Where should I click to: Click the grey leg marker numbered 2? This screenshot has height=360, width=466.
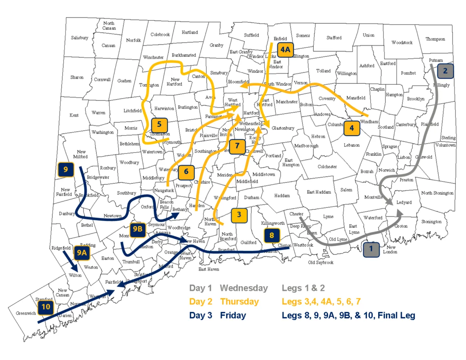click(x=445, y=70)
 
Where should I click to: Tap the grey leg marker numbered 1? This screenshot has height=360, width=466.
click(x=371, y=249)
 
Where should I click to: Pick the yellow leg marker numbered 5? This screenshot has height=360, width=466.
click(x=159, y=124)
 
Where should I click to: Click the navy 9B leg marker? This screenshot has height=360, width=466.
click(x=138, y=229)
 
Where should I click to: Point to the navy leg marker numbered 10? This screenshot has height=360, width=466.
click(x=46, y=307)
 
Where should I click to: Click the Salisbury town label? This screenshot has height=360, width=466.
click(x=80, y=38)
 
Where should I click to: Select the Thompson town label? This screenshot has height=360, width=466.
click(x=435, y=39)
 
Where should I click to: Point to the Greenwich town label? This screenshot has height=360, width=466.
click(x=26, y=313)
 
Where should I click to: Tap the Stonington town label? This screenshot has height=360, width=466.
click(x=431, y=222)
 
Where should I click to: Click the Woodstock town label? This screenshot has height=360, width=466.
click(x=402, y=43)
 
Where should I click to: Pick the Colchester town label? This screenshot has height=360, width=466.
click(x=327, y=167)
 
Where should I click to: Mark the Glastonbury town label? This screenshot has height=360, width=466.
click(x=283, y=128)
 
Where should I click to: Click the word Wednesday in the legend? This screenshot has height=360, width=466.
click(x=244, y=288)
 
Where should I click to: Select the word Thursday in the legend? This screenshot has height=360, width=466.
click(x=239, y=302)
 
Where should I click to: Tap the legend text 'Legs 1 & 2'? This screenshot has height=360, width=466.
click(x=303, y=288)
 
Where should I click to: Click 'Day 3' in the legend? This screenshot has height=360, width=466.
click(x=200, y=315)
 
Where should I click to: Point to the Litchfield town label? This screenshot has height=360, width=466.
click(x=132, y=111)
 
